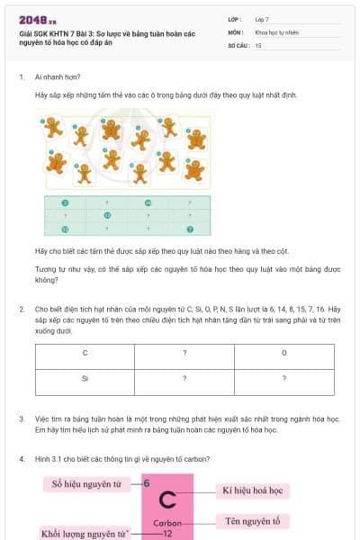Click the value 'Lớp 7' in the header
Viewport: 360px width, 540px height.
[x=262, y=18]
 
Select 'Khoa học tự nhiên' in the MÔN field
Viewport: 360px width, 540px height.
[x=274, y=31]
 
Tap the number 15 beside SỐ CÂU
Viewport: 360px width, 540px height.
[x=258, y=44]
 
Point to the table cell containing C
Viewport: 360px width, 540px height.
[x=85, y=353]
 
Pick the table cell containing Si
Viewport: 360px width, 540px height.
[x=85, y=379]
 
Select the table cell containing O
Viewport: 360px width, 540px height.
[x=284, y=353]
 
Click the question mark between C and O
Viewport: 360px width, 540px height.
[x=184, y=353]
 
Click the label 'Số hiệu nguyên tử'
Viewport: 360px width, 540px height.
[x=86, y=484]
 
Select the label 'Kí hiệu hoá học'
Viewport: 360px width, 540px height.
[x=252, y=491]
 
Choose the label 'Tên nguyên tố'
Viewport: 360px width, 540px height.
[x=252, y=521]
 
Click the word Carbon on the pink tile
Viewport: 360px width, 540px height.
[x=167, y=523]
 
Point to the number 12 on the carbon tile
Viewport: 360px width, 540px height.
[x=167, y=534]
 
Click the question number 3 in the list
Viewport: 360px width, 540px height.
[x=21, y=419]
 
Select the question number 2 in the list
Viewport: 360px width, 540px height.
[x=21, y=309]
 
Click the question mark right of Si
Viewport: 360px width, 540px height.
[x=184, y=379]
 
